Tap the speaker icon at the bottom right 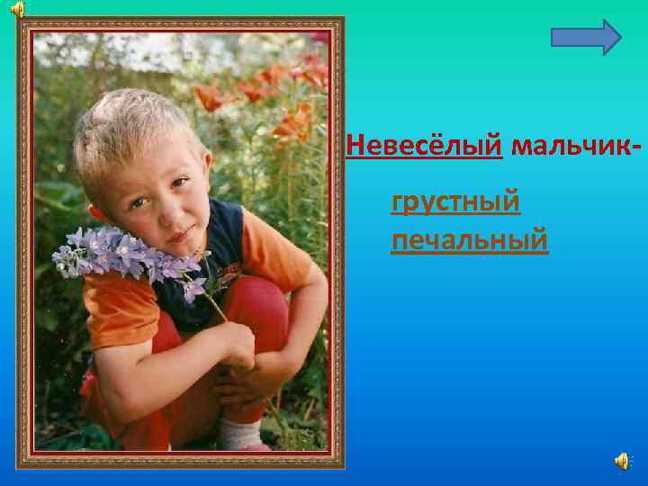click(622, 461)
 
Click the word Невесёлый click(424, 145)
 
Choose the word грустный click(455, 202)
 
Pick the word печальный click(469, 241)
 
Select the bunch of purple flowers click(126, 254)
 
